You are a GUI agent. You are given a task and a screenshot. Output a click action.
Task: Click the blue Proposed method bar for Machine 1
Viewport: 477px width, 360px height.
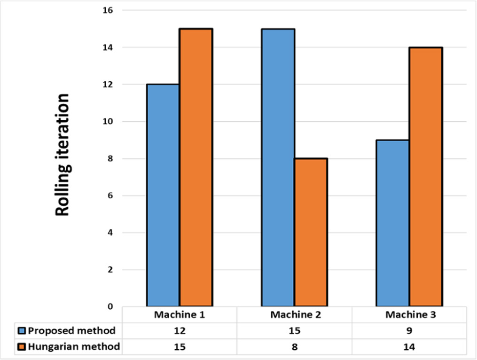tap(163, 195)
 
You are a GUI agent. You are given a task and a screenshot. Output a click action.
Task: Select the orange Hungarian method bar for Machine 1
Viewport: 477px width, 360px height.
tap(196, 167)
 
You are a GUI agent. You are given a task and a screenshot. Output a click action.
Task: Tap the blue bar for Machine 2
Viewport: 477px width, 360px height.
tap(278, 167)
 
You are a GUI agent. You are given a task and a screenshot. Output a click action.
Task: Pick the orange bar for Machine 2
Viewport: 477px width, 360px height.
tap(311, 232)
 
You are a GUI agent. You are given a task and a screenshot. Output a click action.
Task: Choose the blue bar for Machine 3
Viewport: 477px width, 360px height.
tap(393, 223)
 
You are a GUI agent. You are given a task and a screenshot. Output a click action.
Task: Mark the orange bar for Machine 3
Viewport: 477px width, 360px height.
tap(426, 177)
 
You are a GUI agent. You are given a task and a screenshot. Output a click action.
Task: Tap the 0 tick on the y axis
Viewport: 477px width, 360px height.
tap(111, 306)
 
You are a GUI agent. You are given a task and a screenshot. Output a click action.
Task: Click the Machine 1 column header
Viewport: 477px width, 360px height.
tap(180, 315)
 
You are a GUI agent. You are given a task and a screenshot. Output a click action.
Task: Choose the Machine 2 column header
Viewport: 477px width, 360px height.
tap(294, 315)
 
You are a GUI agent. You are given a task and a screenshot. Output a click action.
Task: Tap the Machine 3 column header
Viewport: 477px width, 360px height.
tap(409, 315)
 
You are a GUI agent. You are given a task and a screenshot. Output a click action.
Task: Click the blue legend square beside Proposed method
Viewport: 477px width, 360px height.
tap(22, 330)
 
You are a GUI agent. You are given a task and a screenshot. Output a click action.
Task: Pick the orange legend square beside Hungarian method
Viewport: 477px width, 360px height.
tap(22, 347)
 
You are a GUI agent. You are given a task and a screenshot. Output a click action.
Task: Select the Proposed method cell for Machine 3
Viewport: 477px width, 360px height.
tap(409, 330)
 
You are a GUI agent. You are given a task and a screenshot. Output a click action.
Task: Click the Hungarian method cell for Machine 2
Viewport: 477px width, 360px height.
tap(294, 347)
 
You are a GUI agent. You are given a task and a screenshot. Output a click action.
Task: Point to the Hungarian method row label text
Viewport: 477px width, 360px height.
tap(74, 347)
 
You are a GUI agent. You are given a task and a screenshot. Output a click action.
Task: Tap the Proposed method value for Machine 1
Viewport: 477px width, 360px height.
tap(180, 330)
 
